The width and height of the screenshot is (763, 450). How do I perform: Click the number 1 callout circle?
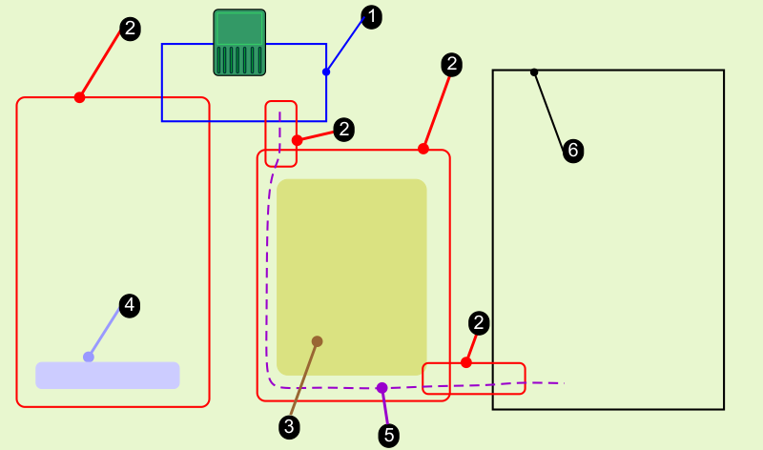click(x=372, y=16)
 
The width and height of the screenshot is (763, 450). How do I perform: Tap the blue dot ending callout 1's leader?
click(x=326, y=72)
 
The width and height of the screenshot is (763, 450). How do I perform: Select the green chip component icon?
click(x=239, y=42)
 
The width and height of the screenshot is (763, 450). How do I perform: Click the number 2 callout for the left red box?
click(x=131, y=29)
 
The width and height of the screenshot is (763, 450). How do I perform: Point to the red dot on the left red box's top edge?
click(x=80, y=97)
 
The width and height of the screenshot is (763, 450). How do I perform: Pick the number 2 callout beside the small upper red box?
click(x=344, y=129)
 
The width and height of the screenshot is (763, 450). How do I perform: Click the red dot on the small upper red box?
click(x=297, y=140)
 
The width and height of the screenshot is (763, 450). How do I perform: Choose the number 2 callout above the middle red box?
click(x=452, y=65)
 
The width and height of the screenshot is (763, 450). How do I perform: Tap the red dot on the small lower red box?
click(x=466, y=362)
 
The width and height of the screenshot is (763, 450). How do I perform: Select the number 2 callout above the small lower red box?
click(x=480, y=323)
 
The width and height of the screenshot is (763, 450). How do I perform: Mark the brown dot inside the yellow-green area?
click(x=317, y=341)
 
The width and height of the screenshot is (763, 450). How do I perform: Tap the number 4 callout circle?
click(x=130, y=306)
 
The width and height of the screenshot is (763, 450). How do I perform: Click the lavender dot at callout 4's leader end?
click(x=89, y=357)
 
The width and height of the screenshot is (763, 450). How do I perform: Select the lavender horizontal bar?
click(x=108, y=375)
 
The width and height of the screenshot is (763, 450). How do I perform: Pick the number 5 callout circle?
click(x=388, y=435)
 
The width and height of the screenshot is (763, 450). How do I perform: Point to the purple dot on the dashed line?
click(x=381, y=388)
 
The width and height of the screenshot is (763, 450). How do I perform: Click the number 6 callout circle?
click(x=572, y=150)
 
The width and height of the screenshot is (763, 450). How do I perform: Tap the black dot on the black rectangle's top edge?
click(x=534, y=72)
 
